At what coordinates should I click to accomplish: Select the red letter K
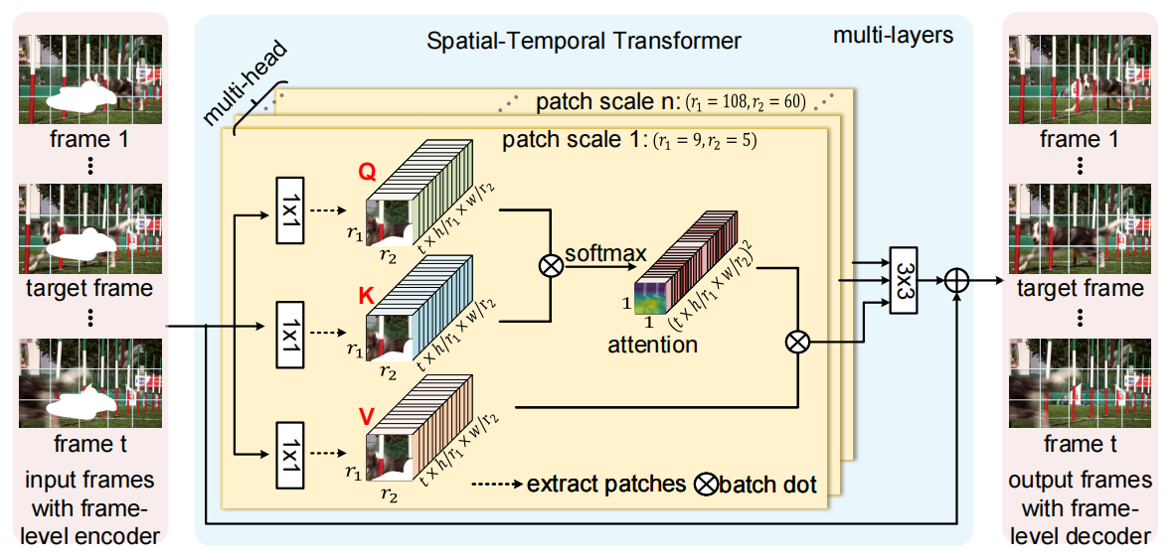point(367,295)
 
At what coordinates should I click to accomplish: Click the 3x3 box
point(903,279)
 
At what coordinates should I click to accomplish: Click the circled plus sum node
point(955,280)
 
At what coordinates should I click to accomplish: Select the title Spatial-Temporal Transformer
point(584,42)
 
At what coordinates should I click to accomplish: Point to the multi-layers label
point(892,37)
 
